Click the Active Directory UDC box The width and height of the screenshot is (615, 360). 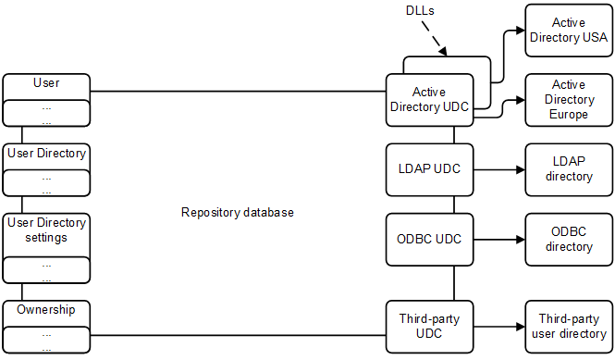(x=428, y=99)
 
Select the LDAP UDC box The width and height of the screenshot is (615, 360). (x=428, y=169)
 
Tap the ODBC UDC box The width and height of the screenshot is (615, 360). (x=428, y=239)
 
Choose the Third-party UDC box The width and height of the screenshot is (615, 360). (x=428, y=326)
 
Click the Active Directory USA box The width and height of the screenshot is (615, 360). (x=568, y=30)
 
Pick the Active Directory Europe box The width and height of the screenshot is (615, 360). (x=568, y=99)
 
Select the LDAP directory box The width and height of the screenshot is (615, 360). (x=568, y=169)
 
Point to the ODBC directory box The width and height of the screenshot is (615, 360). (x=568, y=239)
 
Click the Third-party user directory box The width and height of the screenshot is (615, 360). (x=568, y=326)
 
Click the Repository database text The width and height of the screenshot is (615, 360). (x=238, y=213)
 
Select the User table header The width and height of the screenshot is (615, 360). (x=46, y=84)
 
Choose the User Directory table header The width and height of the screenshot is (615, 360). (x=46, y=154)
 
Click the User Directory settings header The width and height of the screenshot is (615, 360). (x=46, y=230)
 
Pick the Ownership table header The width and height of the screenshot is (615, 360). (x=46, y=310)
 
